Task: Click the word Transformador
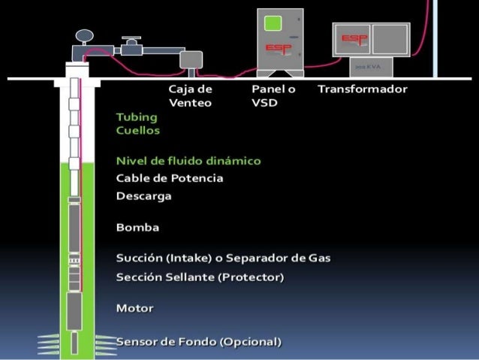point(362,89)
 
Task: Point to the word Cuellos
point(138,129)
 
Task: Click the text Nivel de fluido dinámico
point(188,161)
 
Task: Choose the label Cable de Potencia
point(170,179)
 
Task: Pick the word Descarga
point(144,196)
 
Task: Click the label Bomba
point(137,227)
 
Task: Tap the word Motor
point(135,308)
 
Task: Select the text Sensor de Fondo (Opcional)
point(198,342)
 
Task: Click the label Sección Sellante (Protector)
point(200,277)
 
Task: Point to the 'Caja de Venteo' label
point(190,96)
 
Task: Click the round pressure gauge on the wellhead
point(85,35)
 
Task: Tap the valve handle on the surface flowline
point(132,37)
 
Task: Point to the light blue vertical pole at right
point(435,38)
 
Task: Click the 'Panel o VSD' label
point(273,96)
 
